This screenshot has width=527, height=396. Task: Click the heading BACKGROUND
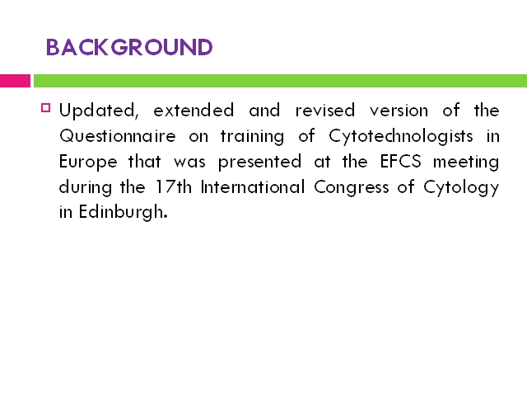129,47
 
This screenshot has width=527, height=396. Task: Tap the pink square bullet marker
46,108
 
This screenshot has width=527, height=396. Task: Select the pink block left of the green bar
15,81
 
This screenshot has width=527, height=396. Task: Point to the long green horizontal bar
280,81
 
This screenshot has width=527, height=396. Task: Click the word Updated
99,111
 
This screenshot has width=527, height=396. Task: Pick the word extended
194,111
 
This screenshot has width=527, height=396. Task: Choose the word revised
325,111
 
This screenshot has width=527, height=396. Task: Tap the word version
399,111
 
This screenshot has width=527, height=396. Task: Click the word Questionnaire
118,136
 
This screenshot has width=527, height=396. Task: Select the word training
253,137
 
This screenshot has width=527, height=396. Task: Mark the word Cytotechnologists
401,137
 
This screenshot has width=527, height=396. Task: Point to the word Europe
88,162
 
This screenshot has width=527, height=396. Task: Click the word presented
260,162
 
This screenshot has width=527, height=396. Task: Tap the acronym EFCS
401,161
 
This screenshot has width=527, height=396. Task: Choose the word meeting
466,162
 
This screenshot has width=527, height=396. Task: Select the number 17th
174,186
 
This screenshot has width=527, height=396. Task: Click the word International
253,186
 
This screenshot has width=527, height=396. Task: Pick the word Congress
352,187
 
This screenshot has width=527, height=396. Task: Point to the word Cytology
461,187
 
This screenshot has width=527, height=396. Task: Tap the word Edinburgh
123,213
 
